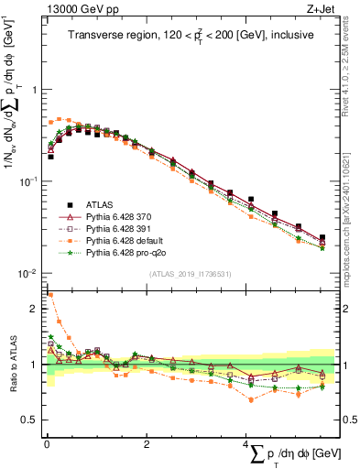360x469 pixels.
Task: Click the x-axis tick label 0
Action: (x=46, y=441)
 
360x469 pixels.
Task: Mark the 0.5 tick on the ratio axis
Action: (x=29, y=420)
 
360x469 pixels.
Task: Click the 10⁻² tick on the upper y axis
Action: (x=27, y=274)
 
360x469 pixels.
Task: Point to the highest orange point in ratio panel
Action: (x=50, y=295)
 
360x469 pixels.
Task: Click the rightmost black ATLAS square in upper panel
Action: (x=322, y=237)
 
